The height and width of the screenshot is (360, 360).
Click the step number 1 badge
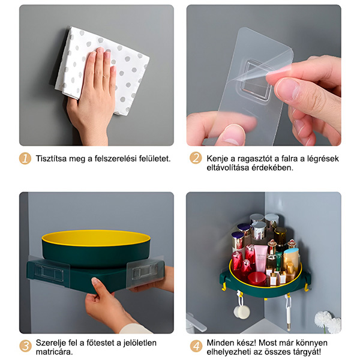click(x=25, y=158)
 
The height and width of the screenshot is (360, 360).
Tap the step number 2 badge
click(x=196, y=158)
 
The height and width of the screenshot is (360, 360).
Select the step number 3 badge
click(x=25, y=346)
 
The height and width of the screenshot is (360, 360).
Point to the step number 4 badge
click(x=196, y=346)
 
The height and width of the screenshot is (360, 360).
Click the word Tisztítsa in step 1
click(x=51, y=158)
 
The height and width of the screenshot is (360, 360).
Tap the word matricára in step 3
click(x=54, y=352)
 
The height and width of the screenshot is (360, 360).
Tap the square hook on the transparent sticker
click(x=256, y=80)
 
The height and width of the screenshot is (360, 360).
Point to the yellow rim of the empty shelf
click(x=96, y=238)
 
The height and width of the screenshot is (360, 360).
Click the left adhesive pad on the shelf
click(x=49, y=271)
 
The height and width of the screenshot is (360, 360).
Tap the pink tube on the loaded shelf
click(x=260, y=258)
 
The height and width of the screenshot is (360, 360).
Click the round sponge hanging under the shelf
click(x=241, y=311)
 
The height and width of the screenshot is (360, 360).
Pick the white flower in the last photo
click(x=328, y=322)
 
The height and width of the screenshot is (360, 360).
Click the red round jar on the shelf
click(x=256, y=279)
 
